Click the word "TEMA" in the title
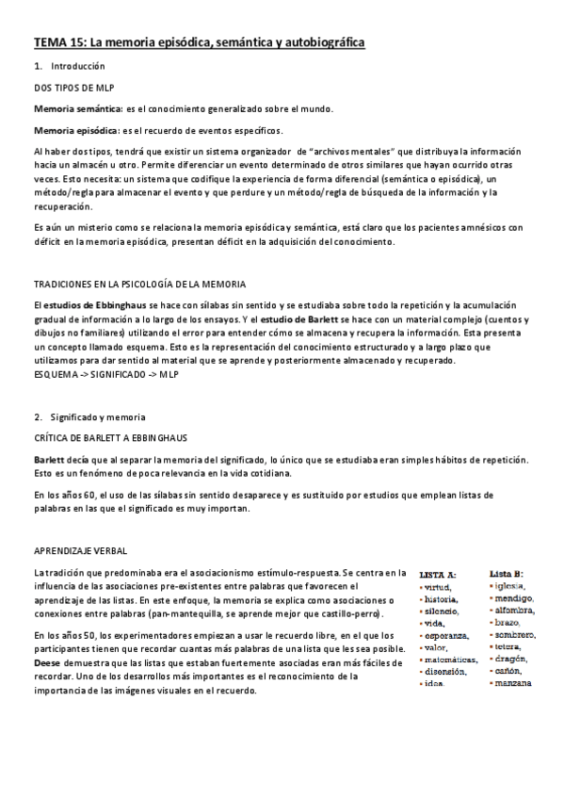(x=51, y=43)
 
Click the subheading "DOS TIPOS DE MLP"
(x=74, y=88)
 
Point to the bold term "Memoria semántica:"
(x=75, y=109)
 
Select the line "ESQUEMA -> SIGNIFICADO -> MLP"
(x=106, y=375)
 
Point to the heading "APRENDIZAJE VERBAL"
(x=80, y=550)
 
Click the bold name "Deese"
(x=48, y=662)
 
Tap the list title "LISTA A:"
(x=438, y=574)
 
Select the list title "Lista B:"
(x=507, y=573)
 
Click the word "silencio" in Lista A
(x=442, y=611)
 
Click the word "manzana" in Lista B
(x=516, y=681)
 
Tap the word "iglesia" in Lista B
(x=513, y=586)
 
